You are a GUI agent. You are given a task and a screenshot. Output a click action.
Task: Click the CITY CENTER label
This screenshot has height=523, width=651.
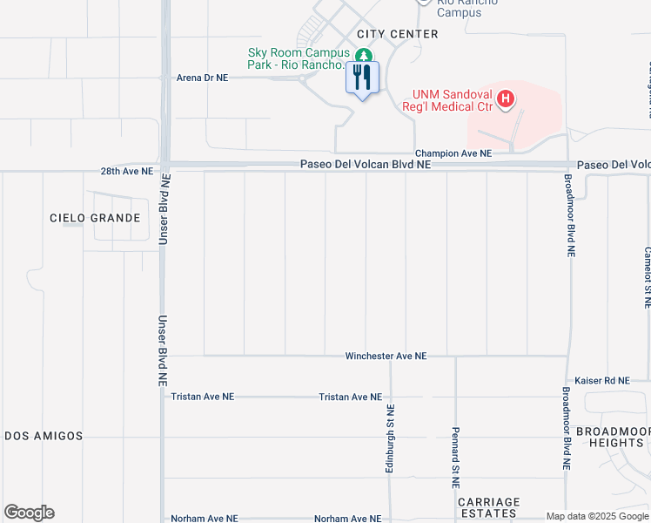(397, 34)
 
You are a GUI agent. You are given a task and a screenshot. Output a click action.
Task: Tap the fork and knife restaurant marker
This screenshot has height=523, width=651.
(362, 78)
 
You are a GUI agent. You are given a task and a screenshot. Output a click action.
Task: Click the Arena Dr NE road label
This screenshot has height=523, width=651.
(202, 78)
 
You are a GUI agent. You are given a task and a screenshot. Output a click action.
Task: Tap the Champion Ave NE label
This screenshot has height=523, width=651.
(453, 153)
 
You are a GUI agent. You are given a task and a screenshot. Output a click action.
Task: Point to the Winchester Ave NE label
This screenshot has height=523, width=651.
(386, 357)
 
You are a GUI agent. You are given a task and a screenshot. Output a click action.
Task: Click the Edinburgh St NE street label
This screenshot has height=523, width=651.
(391, 439)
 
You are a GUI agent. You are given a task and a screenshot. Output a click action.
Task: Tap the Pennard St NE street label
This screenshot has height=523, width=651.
(455, 457)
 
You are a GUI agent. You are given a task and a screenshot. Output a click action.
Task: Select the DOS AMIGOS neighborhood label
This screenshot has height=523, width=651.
(43, 436)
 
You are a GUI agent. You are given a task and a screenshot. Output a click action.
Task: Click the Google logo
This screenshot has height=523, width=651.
(29, 513)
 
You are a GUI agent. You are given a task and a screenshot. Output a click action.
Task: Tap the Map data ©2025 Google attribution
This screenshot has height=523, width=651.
(597, 516)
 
